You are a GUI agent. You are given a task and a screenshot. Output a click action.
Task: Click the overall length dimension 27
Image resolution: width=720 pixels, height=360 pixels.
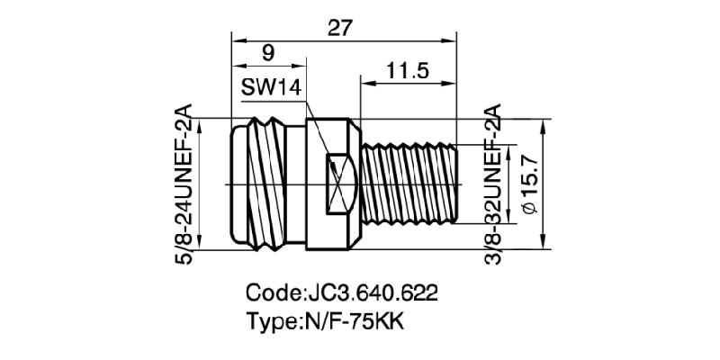coord(339,27)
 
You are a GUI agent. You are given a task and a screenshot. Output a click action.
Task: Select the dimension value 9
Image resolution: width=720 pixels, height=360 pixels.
coord(267,53)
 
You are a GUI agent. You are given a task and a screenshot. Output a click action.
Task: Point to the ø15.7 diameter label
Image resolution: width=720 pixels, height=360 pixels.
coord(529,184)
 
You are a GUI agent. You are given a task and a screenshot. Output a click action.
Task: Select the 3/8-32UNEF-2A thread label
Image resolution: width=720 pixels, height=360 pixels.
coord(493,185)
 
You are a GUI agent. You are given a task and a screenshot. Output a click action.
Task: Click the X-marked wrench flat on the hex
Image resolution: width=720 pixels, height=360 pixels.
coord(339,184)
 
